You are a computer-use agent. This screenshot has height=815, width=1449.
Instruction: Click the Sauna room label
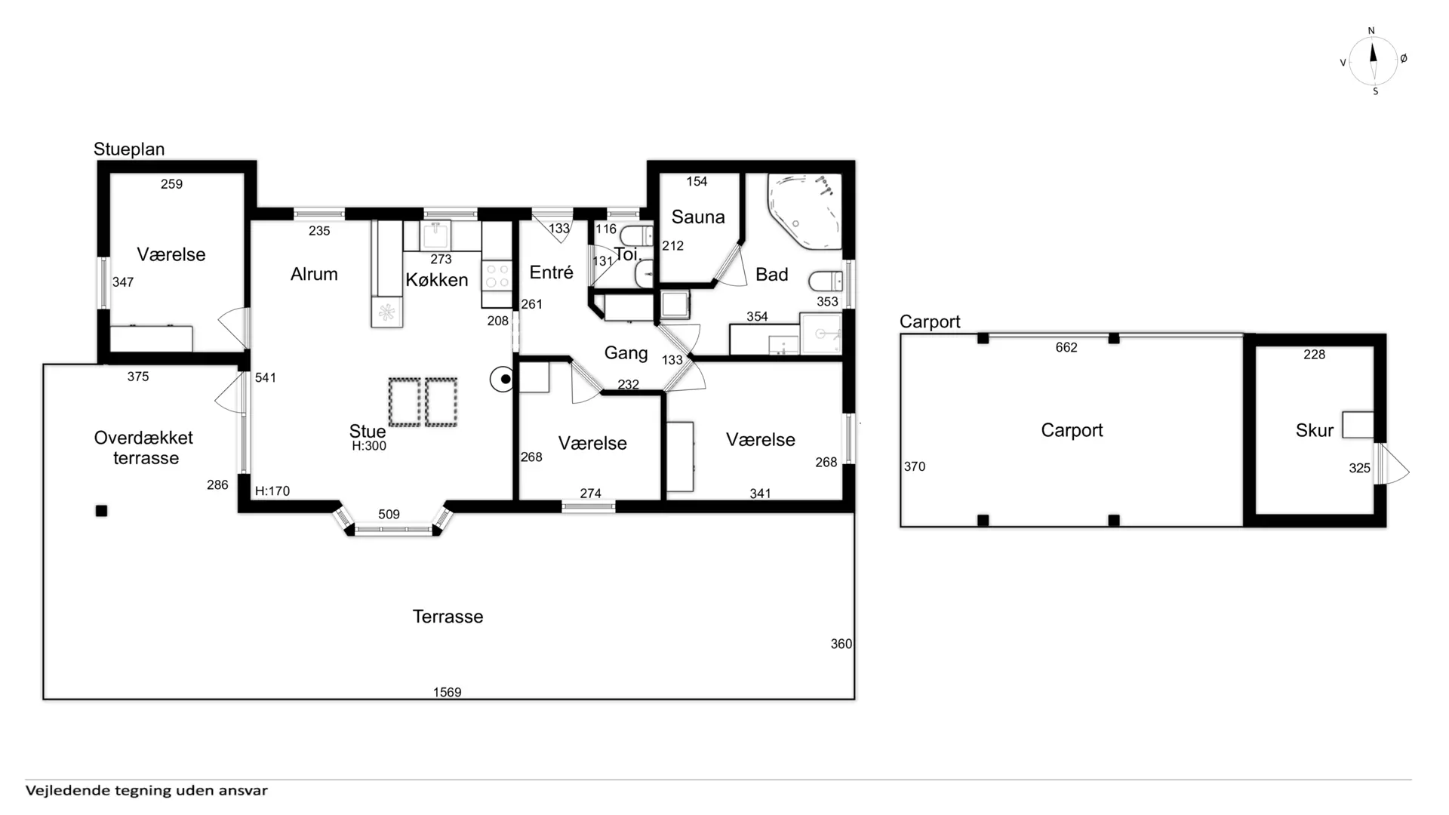(698, 217)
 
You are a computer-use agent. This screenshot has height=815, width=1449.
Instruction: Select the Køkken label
(437, 280)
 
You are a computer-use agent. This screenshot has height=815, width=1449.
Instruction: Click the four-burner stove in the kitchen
(497, 275)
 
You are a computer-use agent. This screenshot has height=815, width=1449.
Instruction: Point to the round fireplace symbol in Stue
(503, 379)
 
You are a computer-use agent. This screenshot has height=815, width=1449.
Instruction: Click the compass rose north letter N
(1371, 31)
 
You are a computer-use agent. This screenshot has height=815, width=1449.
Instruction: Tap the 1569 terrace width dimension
(447, 692)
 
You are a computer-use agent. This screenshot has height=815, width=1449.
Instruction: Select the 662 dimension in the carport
(1066, 348)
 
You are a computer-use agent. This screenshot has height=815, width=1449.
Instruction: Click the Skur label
(1315, 431)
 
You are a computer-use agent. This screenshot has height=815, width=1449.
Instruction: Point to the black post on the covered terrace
(102, 511)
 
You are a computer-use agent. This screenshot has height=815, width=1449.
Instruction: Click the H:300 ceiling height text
(369, 446)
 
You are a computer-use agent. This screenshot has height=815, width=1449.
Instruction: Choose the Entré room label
(551, 272)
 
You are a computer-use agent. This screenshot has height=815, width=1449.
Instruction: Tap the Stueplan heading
(129, 149)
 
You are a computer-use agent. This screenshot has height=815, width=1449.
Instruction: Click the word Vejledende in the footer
(67, 791)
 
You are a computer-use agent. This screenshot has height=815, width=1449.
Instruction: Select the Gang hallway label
(626, 353)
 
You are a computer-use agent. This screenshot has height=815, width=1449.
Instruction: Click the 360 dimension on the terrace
(841, 644)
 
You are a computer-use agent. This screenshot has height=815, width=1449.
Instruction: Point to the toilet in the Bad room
(826, 281)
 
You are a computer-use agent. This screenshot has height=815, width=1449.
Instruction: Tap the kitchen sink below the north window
(436, 235)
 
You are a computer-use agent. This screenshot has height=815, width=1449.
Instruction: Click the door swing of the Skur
(1393, 463)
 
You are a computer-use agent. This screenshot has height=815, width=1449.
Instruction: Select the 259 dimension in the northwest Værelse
(171, 184)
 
